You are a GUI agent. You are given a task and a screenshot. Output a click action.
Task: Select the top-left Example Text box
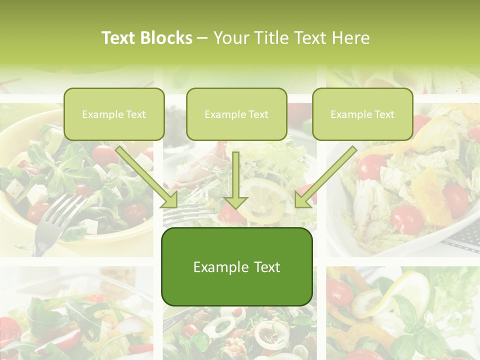pos(114,114)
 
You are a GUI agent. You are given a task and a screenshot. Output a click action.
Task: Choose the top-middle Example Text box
pos(236,114)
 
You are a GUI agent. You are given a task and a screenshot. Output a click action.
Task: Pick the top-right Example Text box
pos(362,114)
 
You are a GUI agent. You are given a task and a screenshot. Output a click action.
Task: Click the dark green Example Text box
pos(236,267)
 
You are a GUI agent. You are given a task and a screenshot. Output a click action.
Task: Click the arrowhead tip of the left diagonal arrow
pos(176,206)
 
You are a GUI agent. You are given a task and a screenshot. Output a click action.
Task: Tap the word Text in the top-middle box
pos(258,114)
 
